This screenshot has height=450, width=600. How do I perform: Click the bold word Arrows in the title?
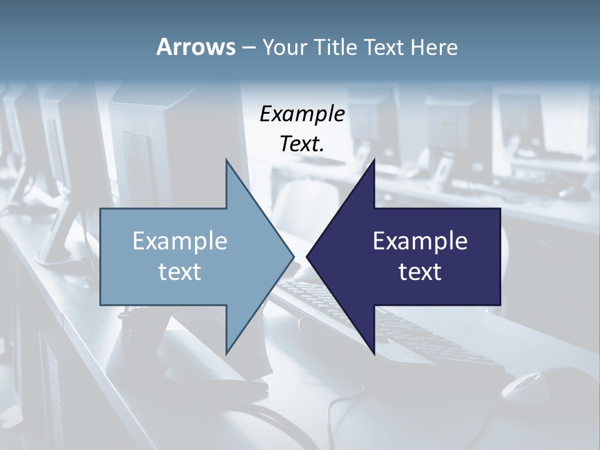(195, 47)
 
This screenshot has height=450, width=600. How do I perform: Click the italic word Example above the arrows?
(302, 114)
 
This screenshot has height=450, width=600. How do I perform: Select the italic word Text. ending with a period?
(302, 144)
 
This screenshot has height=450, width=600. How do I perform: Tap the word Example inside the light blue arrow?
(180, 241)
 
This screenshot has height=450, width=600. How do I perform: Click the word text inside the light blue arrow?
(180, 271)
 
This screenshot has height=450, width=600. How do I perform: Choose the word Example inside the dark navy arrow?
(420, 241)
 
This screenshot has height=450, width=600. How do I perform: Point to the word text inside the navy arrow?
(420, 271)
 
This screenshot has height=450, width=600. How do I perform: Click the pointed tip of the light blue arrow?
(293, 256)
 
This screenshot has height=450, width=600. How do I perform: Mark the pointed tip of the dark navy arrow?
(307, 256)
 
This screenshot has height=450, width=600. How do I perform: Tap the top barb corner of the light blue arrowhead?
(226, 160)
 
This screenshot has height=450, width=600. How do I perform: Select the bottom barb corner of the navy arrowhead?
(374, 354)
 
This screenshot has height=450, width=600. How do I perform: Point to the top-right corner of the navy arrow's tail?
(500, 209)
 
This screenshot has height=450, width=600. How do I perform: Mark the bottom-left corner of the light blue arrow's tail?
(101, 304)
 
